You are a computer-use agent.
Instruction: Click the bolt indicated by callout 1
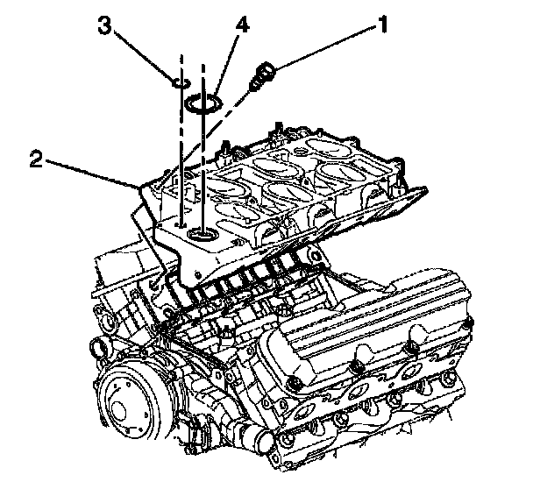(262, 77)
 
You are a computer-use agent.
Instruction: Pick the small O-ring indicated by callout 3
(181, 83)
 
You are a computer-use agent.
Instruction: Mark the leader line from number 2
(88, 173)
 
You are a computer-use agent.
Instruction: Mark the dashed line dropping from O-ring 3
(181, 158)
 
